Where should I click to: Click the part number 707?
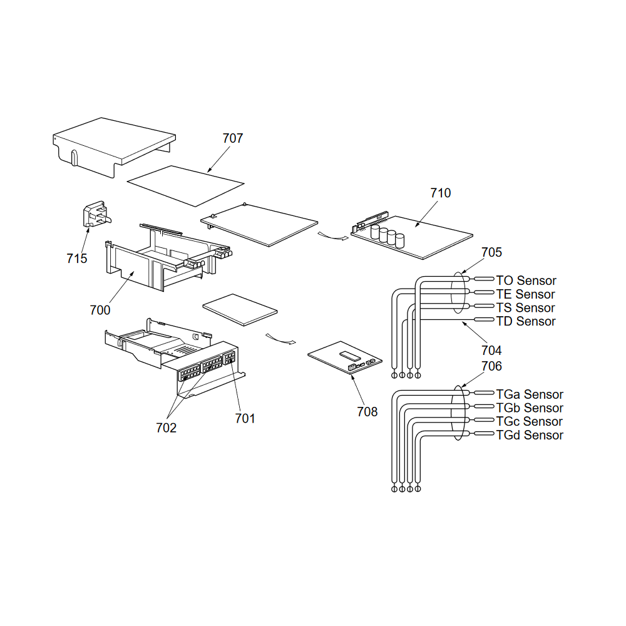pyautogui.click(x=233, y=138)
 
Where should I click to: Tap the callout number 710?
pyautogui.click(x=440, y=193)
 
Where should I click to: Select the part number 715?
pyautogui.click(x=76, y=259)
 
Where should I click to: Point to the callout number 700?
pyautogui.click(x=100, y=310)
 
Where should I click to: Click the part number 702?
pyautogui.click(x=166, y=428)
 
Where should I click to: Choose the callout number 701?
pyautogui.click(x=245, y=418)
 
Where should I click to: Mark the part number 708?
pyautogui.click(x=367, y=412)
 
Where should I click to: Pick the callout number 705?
pyautogui.click(x=491, y=252)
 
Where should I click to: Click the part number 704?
pyautogui.click(x=491, y=350)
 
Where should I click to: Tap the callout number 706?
pyautogui.click(x=491, y=366)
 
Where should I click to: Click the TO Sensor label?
pyautogui.click(x=526, y=280)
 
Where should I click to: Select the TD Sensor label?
pyautogui.click(x=526, y=321)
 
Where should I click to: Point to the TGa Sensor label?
pyautogui.click(x=530, y=394)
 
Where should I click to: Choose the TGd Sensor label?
pyautogui.click(x=530, y=435)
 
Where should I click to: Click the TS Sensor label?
pyautogui.click(x=525, y=308)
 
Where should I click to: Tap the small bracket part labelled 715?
pyautogui.click(x=96, y=214)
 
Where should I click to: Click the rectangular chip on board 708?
pyautogui.click(x=350, y=353)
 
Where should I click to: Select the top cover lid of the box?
pyautogui.click(x=114, y=146)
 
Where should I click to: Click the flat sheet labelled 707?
pyautogui.click(x=186, y=186)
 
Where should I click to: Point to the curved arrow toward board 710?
pyautogui.click(x=333, y=237)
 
